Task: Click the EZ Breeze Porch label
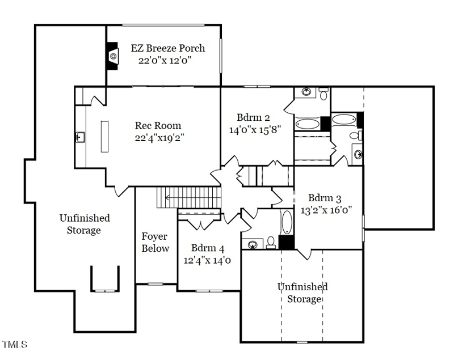[167, 48]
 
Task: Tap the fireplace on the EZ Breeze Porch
[113, 56]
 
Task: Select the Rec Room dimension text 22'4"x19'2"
[158, 137]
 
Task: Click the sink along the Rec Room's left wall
[79, 137]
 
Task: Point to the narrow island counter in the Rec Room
[104, 136]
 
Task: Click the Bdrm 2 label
[253, 117]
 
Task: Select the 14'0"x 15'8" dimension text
[255, 129]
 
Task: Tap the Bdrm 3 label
[325, 198]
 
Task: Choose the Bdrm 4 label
[208, 248]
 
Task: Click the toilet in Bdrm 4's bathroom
[271, 243]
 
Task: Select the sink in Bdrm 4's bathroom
[253, 244]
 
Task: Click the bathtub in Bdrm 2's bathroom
[307, 123]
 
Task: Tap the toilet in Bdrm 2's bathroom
[323, 94]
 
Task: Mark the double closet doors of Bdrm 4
[199, 222]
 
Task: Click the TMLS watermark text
[15, 344]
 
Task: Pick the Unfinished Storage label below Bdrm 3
[303, 293]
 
